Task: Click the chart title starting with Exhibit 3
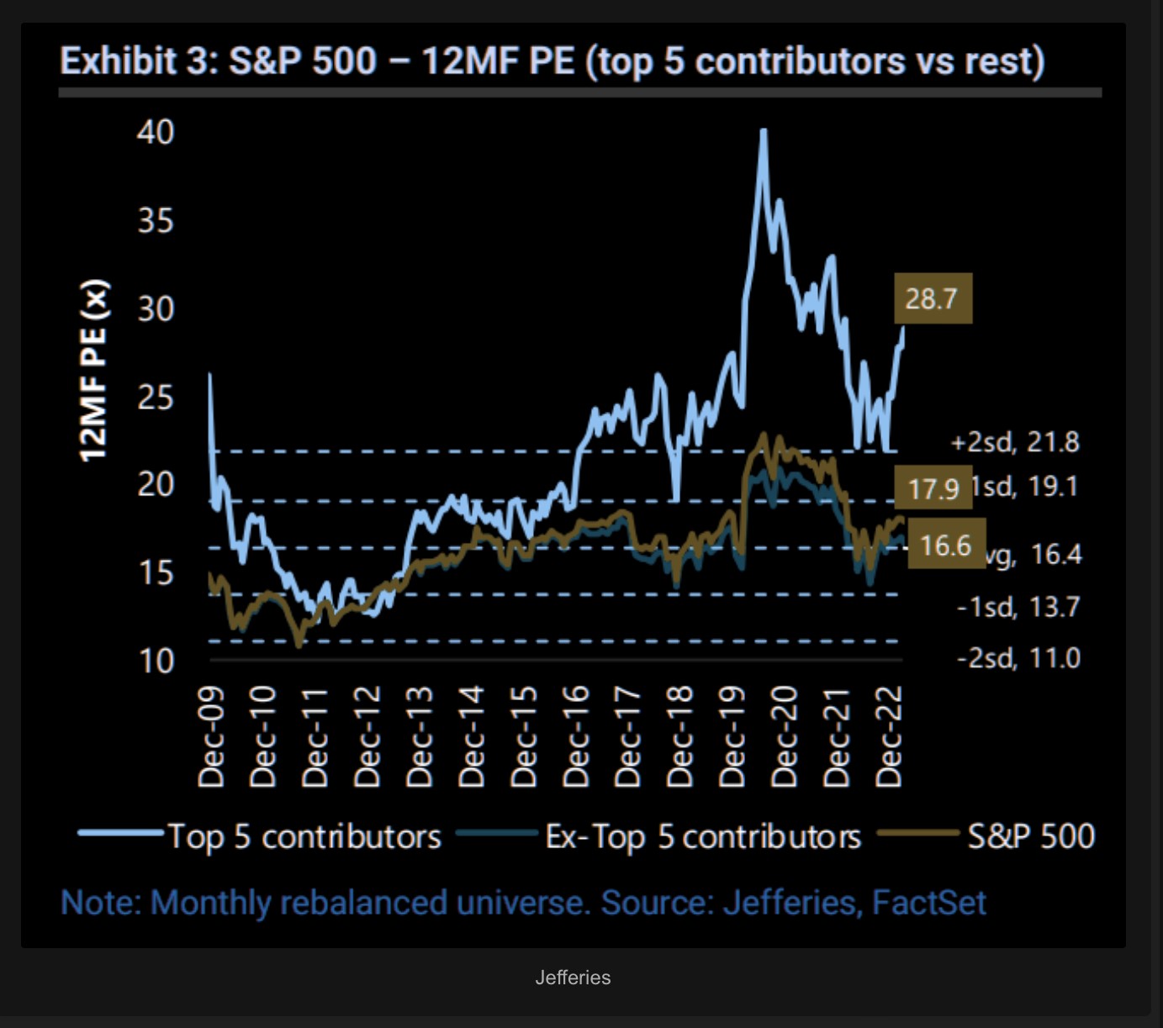click(x=552, y=61)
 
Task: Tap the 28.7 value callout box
click(x=933, y=298)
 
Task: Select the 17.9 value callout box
click(x=933, y=488)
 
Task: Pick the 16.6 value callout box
click(x=946, y=546)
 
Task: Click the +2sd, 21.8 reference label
click(x=1015, y=442)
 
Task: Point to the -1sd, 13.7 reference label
click(x=1018, y=606)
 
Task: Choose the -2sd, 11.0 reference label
click(x=1018, y=657)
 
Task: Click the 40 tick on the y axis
click(x=156, y=132)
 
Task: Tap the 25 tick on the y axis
click(x=156, y=397)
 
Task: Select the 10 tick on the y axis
click(x=156, y=662)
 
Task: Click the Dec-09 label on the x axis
click(x=211, y=736)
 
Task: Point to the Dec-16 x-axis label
click(x=576, y=736)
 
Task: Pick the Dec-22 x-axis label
click(x=889, y=736)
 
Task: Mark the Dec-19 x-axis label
click(x=732, y=736)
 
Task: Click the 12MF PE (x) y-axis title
click(x=93, y=370)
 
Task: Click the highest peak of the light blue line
click(x=763, y=131)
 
